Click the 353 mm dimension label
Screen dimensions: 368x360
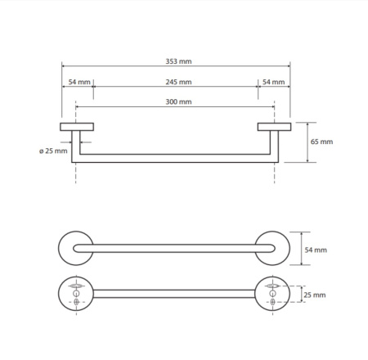[x=178, y=61]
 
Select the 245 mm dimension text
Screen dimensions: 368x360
[x=178, y=82]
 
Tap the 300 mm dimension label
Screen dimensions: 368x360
[x=178, y=101]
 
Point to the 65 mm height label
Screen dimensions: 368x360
[x=321, y=142]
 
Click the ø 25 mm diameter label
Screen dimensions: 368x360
[x=53, y=151]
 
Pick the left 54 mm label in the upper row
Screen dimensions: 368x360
[x=79, y=82]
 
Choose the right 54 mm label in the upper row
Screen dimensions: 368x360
[x=274, y=82]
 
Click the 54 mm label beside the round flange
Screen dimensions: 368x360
[x=316, y=250]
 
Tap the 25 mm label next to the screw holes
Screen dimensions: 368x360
[x=315, y=295]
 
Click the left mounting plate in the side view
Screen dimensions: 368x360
[x=77, y=127]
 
